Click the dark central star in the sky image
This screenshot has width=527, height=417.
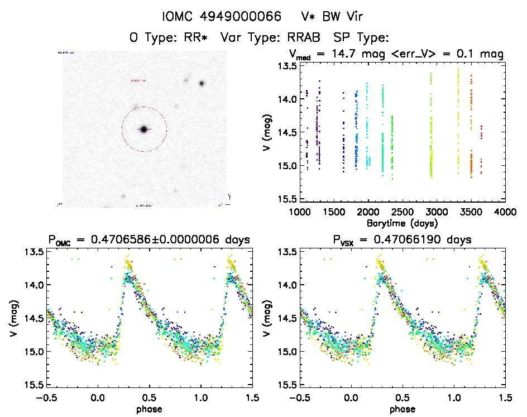coord(143,130)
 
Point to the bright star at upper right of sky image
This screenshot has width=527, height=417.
coord(202,84)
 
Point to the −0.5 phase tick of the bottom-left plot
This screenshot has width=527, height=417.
coord(46,397)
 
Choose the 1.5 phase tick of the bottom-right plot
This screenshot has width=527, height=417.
coord(505,397)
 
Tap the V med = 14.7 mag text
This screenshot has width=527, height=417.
coord(341,54)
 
